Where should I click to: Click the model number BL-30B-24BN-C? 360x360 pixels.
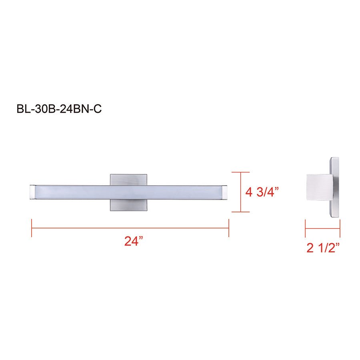pos(59,109)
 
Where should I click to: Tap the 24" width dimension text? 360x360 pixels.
pos(134,242)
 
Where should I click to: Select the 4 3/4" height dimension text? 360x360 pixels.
pos(262,192)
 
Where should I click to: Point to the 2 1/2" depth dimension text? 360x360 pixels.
pos(323,248)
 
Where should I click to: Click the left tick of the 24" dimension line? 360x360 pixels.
pos(32,228)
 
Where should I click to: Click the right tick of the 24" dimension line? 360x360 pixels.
pos(228,228)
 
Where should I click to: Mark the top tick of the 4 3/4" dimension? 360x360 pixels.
pos(240,172)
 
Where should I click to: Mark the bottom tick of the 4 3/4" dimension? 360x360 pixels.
pos(240,212)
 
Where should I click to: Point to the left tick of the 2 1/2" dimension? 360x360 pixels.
pos(305,228)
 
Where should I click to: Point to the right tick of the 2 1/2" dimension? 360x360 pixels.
pos(340,228)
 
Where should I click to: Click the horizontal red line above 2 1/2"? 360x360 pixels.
pos(322,228)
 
